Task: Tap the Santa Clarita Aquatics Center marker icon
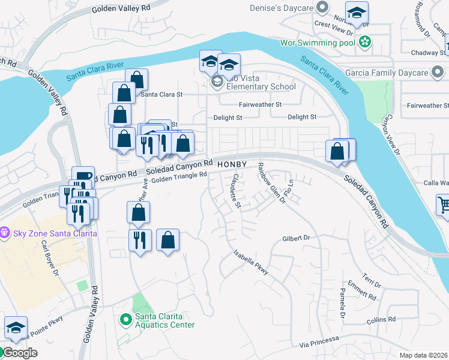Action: [125, 319]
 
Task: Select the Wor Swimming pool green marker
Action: [364, 43]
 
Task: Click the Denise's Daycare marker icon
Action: [322, 8]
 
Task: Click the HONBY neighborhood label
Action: [232, 164]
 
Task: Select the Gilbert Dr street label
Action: [295, 238]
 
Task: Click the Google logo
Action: [20, 353]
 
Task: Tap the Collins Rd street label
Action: [381, 320]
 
